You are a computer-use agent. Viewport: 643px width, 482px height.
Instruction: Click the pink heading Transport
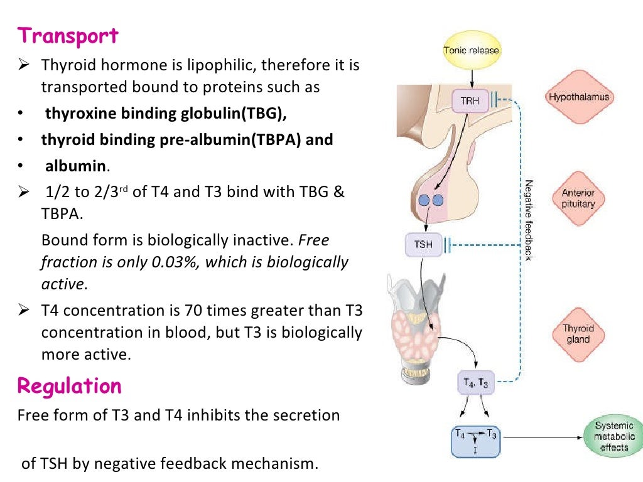(68, 36)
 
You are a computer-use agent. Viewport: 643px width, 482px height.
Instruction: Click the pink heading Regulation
(69, 385)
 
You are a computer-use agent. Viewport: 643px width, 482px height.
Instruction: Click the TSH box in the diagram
(424, 244)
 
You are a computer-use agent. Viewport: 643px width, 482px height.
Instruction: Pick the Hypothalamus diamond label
(578, 97)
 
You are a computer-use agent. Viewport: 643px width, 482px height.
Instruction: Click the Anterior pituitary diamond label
(578, 198)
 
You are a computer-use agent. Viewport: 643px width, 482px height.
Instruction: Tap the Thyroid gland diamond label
(578, 333)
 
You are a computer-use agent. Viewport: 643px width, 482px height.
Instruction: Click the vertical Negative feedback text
(529, 220)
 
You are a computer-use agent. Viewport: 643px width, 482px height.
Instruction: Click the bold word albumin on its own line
(74, 166)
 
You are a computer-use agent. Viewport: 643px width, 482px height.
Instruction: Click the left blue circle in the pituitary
(424, 201)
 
